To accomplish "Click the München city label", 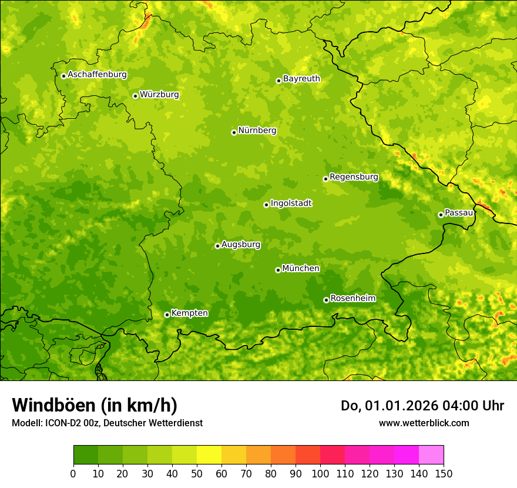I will click(301, 269).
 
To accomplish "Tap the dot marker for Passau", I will click(441, 215).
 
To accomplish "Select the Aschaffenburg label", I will click(97, 75).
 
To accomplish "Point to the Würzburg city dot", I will click(135, 96).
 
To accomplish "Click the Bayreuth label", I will click(301, 79).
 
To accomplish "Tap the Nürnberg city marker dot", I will click(234, 132).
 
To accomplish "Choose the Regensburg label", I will click(354, 177).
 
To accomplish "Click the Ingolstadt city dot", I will click(266, 205).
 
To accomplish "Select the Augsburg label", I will click(241, 245).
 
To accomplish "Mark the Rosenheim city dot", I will click(326, 300).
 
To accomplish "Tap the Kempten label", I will click(189, 313).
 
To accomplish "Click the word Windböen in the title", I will click(53, 405).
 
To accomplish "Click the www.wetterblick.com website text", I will click(424, 423).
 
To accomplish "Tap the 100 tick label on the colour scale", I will click(320, 474).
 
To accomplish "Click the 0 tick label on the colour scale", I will click(73, 474).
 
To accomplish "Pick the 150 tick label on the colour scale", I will click(444, 474).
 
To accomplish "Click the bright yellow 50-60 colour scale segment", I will click(209, 455).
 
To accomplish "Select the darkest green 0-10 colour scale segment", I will click(85, 455).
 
